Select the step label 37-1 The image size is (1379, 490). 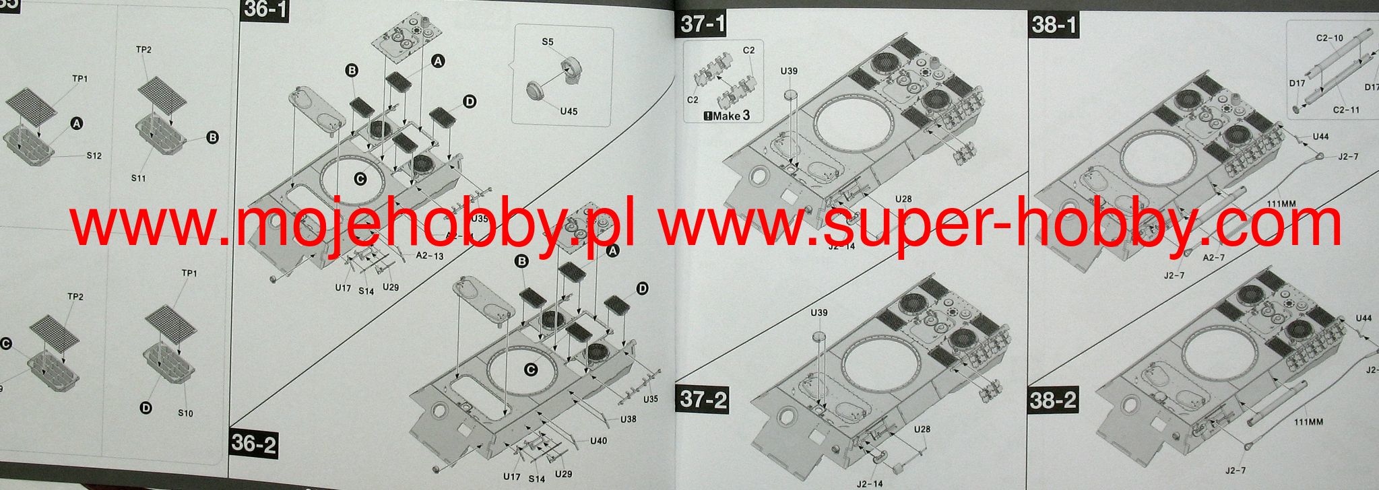click(703, 24)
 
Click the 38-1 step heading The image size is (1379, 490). click(1054, 25)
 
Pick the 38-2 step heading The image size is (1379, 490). click(1053, 400)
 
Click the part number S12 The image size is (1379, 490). click(94, 155)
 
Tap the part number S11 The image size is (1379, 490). click(139, 178)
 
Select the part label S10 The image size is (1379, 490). click(185, 413)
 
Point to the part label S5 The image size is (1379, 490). click(548, 42)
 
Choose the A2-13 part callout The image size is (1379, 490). click(430, 255)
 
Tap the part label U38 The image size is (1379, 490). click(628, 419)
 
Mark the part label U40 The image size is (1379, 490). click(599, 441)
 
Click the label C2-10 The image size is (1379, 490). click(1329, 38)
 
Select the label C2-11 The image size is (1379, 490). click(1345, 109)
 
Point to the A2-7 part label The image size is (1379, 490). click(1214, 257)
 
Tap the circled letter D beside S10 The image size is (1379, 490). click(145, 407)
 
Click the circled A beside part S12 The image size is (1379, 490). click(76, 124)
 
